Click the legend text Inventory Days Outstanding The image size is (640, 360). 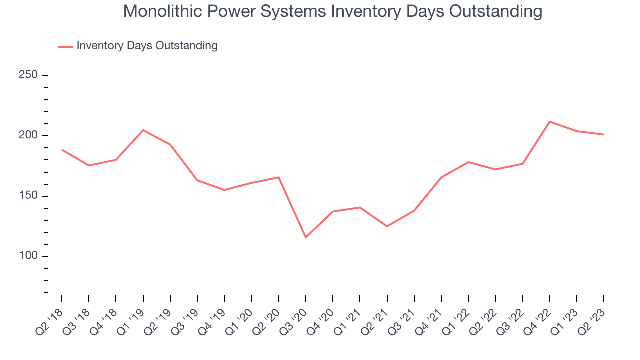(x=147, y=46)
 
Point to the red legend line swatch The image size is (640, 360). (x=65, y=46)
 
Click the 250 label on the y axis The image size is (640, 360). (x=28, y=75)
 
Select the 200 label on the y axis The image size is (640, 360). (x=28, y=136)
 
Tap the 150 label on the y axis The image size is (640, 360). (x=28, y=196)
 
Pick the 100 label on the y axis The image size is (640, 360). (x=28, y=256)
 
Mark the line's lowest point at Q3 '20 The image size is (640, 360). (x=306, y=237)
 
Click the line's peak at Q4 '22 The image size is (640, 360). (x=550, y=121)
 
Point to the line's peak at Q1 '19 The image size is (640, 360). (x=143, y=130)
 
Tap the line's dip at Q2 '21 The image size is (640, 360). (x=387, y=226)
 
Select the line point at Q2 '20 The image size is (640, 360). (x=278, y=177)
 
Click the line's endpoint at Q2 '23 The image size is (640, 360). (x=604, y=134)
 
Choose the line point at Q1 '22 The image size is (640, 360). (x=468, y=162)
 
